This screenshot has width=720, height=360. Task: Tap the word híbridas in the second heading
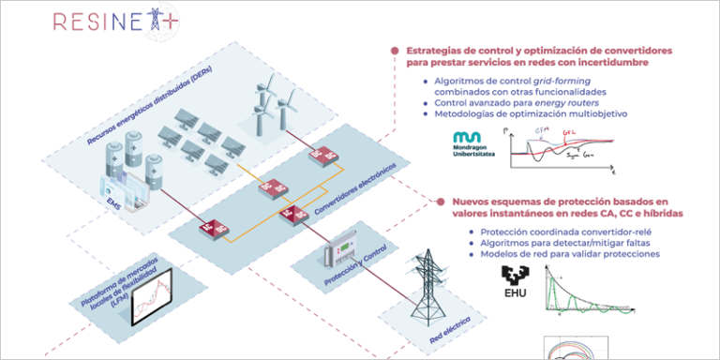660,213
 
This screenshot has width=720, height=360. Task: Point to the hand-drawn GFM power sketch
566,148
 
